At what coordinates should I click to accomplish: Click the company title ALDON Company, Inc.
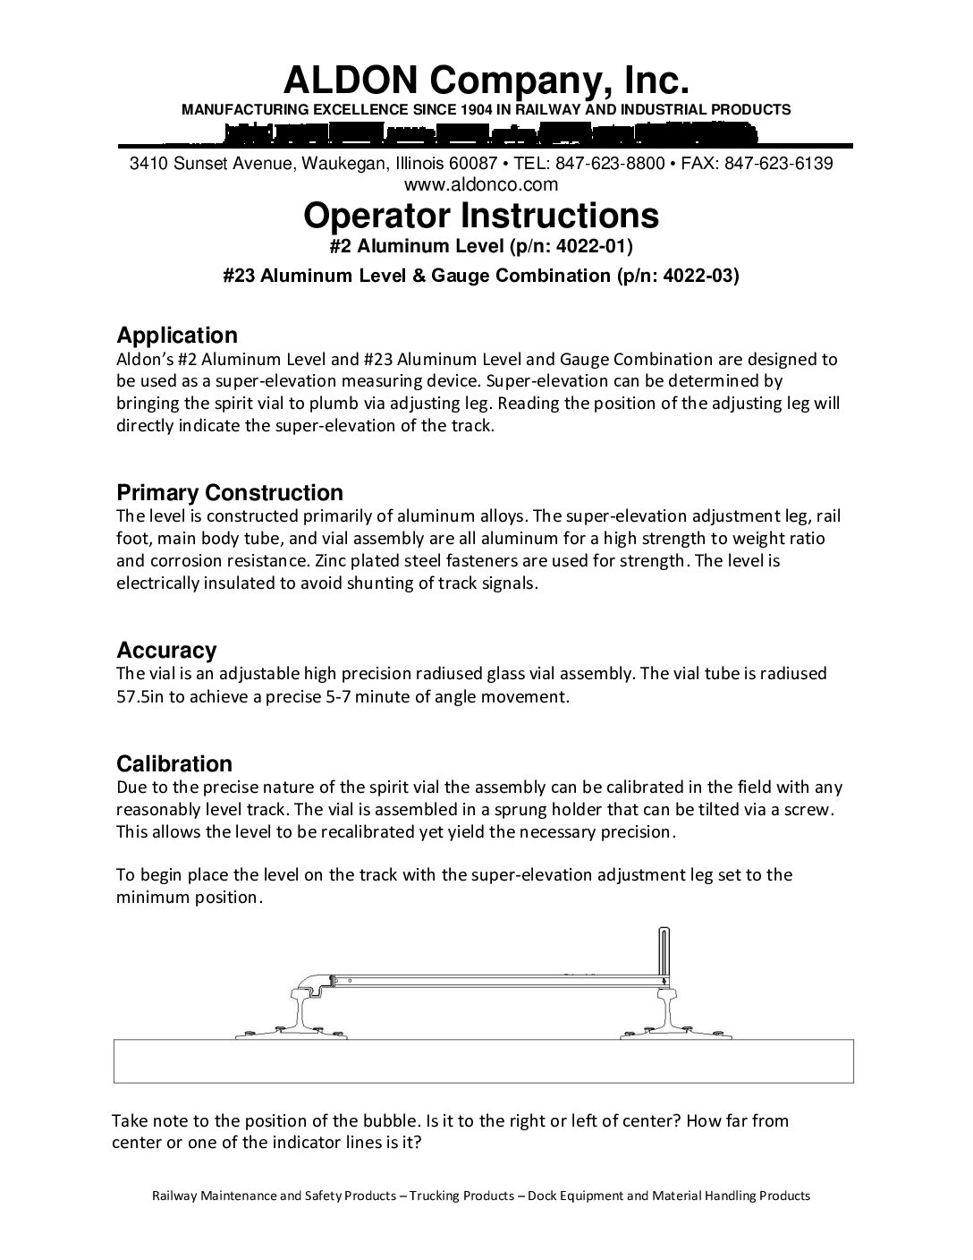pos(486,81)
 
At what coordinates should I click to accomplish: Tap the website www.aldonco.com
pos(481,184)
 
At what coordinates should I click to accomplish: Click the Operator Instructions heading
pos(481,216)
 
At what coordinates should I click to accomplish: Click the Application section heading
pos(177,336)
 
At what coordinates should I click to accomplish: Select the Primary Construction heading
pos(230,493)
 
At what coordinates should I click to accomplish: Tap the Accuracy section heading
pos(166,651)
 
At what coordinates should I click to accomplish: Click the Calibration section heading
pos(174,763)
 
